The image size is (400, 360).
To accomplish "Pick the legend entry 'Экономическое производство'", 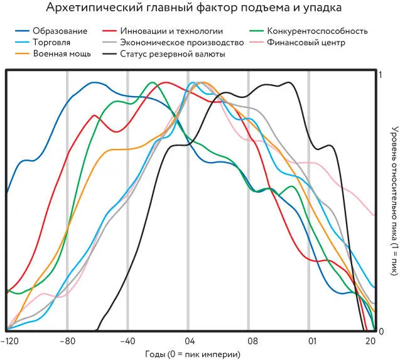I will pos(173,42).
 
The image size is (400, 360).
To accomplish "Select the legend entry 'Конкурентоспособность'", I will pos(317,31).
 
